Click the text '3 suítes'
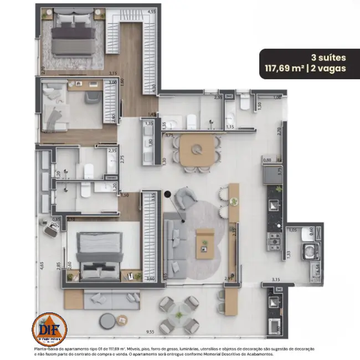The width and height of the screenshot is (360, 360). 328,57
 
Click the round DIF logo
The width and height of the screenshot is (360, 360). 50,328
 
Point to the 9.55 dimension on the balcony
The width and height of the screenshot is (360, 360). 150,332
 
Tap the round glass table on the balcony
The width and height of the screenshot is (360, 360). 179,313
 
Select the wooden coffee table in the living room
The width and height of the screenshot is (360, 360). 204,241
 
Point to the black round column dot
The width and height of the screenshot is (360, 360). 168,194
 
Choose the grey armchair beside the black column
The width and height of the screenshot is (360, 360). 183,198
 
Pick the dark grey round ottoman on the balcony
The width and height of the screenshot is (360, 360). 107,320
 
